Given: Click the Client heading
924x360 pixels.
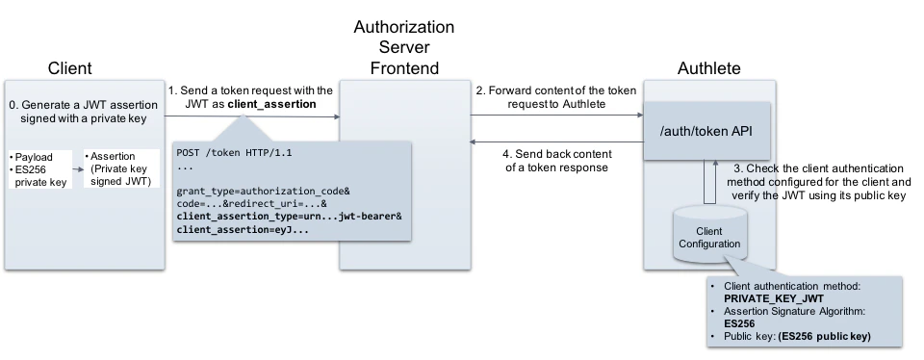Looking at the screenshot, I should pos(70,67).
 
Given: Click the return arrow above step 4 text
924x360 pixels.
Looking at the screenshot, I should pos(555,141).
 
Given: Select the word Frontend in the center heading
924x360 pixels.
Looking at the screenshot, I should pos(404,68).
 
